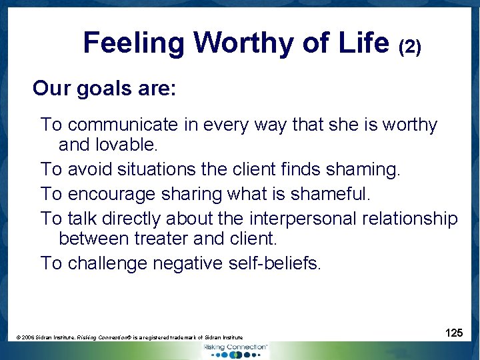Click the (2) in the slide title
pos(409,47)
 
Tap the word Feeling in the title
pos(133,43)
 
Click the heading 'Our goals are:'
pos(105,88)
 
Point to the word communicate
pos(123,125)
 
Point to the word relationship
pos(411,219)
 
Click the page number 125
pos(454,333)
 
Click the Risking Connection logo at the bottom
pos(236,351)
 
